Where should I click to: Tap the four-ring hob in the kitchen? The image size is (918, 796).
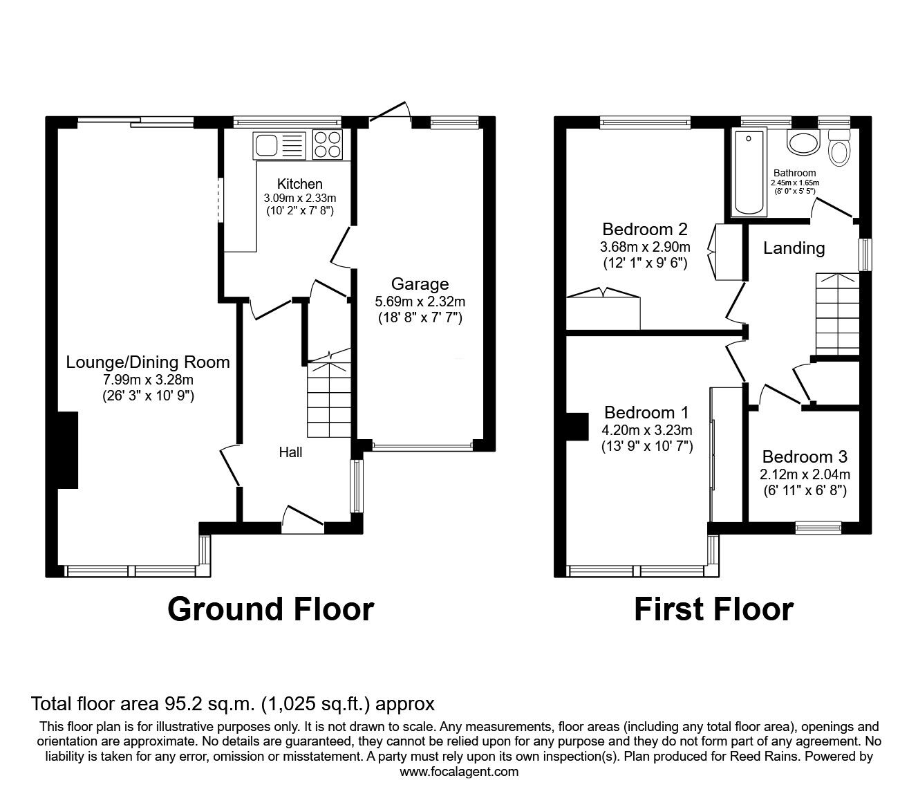(328, 145)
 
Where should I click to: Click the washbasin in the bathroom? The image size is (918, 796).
(801, 144)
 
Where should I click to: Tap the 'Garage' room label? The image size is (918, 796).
(420, 284)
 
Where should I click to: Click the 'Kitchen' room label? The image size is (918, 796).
(299, 184)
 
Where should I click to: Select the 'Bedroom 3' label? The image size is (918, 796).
(805, 456)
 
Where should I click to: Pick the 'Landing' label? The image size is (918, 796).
(794, 248)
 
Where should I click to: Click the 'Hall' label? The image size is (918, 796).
(290, 452)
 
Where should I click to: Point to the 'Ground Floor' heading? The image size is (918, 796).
(270, 609)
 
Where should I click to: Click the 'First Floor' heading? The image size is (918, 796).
(713, 609)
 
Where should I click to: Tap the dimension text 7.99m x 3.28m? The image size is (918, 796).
(147, 379)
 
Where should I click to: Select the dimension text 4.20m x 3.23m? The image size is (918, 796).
(646, 429)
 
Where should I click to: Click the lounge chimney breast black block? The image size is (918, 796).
(67, 450)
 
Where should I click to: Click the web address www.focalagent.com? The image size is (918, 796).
(459, 772)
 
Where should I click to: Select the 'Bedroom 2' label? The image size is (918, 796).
(644, 229)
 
